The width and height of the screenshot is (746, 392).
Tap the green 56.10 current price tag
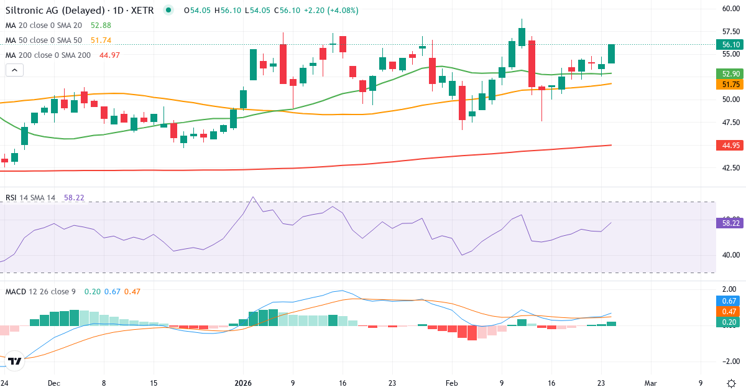coord(730,45)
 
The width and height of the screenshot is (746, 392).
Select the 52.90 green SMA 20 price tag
coord(730,73)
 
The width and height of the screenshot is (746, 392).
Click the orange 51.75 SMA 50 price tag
coord(730,84)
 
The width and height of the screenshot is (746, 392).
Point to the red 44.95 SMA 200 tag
coord(730,146)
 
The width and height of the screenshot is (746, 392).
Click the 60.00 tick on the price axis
coord(730,9)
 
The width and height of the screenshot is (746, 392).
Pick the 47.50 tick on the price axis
coord(730,123)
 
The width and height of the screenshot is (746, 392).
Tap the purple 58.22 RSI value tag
coord(730,222)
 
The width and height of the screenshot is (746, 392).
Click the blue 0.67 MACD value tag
coord(730,301)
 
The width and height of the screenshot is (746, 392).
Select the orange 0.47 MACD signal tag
coord(730,311)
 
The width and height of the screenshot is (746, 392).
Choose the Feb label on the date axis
coord(451,383)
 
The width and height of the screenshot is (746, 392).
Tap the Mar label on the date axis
coord(650,383)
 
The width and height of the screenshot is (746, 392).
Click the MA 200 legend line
coord(48,55)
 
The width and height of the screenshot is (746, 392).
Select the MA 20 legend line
coord(44,25)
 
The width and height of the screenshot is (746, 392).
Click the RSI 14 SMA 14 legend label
coord(30,198)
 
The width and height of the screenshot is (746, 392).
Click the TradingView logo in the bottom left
coord(14,360)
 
